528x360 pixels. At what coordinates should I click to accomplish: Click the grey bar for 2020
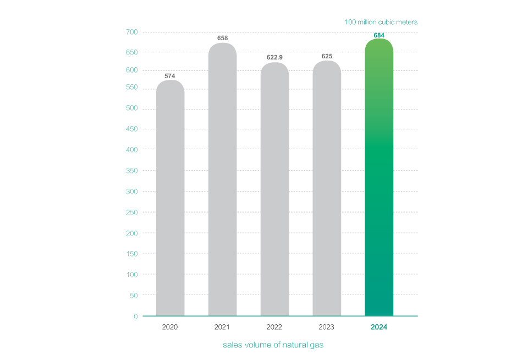(x=170, y=198)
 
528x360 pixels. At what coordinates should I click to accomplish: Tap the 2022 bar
(x=274, y=189)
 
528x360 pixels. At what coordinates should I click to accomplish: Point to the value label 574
(x=170, y=76)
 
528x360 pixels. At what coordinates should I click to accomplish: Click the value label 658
(x=222, y=38)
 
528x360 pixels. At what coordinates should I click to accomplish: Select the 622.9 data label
(x=274, y=57)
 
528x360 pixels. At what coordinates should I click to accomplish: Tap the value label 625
(x=327, y=56)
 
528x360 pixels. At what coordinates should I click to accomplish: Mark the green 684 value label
(x=379, y=35)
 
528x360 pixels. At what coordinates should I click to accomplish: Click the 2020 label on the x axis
(x=170, y=327)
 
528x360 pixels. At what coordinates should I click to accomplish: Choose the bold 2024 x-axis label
(x=379, y=327)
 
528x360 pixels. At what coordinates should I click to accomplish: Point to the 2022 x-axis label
(x=274, y=327)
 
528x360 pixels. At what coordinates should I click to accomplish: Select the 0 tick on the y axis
(x=135, y=317)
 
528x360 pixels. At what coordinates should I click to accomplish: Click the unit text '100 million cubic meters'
(x=381, y=22)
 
